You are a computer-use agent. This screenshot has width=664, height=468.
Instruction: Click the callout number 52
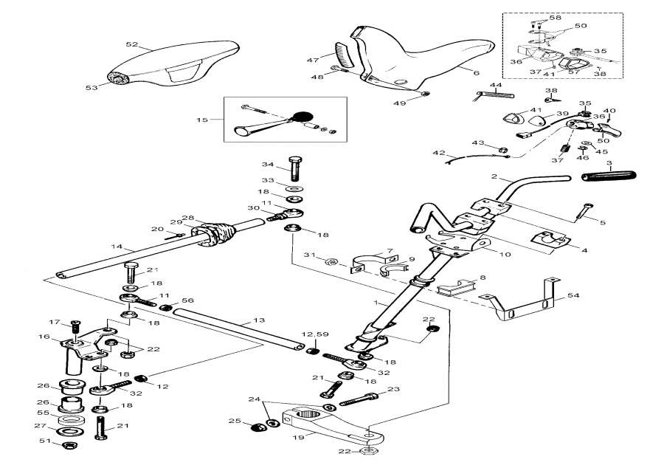coord(131,44)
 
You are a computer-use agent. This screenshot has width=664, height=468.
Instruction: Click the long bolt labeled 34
coord(295,171)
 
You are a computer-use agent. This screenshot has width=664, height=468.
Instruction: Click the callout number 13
coord(257,320)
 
